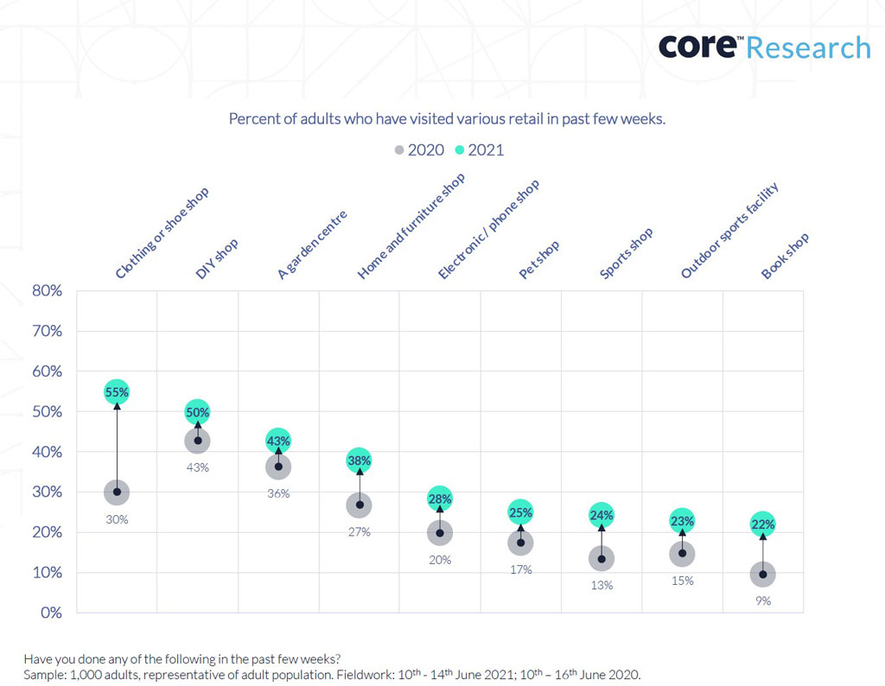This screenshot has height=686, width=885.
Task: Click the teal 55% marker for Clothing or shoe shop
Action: (117, 392)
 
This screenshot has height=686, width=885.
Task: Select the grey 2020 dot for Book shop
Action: (762, 575)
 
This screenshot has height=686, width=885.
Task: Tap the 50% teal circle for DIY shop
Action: (198, 413)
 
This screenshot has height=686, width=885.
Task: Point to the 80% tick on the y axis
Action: (47, 291)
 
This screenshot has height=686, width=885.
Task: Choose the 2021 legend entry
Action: (480, 150)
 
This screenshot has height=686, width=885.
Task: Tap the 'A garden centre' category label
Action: (312, 245)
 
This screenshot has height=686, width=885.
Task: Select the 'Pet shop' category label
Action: (539, 259)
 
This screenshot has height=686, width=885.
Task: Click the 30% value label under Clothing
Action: (117, 519)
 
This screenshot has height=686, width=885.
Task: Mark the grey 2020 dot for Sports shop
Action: (602, 559)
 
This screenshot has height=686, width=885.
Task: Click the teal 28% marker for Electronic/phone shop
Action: (440, 499)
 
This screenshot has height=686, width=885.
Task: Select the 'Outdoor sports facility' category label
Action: (730, 231)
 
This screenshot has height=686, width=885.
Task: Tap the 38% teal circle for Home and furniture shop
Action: (360, 461)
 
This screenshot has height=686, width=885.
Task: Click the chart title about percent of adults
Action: (447, 119)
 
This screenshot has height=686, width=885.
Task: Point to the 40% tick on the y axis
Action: (47, 452)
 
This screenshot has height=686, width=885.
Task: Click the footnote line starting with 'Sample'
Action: (332, 674)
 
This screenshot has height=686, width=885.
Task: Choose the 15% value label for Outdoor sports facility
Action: (682, 581)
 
